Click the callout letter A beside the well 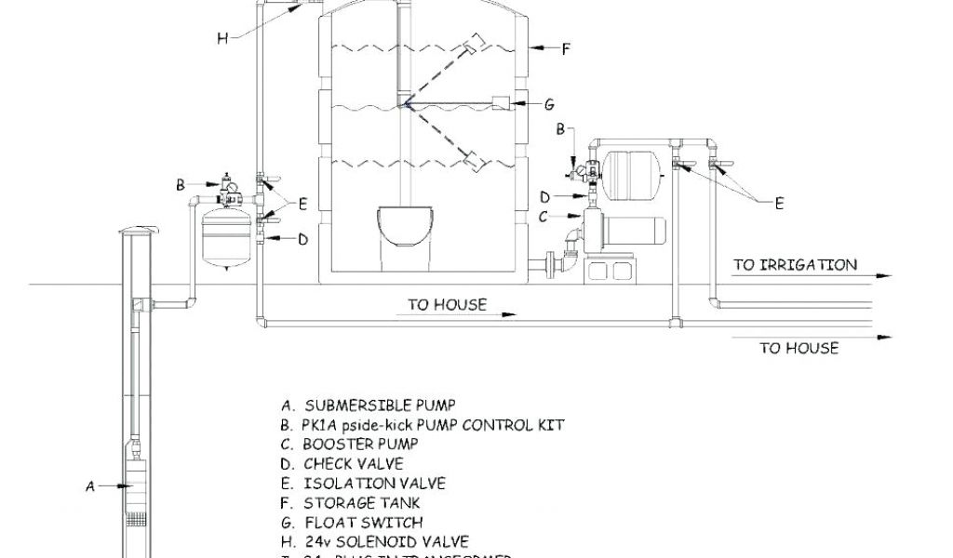coord(90,485)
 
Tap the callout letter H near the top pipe coord(222,38)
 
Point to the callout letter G coord(549,104)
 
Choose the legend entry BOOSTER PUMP coord(359,444)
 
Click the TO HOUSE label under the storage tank coord(447,304)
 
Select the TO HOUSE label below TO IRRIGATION coord(799,349)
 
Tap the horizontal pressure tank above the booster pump coord(632,170)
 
